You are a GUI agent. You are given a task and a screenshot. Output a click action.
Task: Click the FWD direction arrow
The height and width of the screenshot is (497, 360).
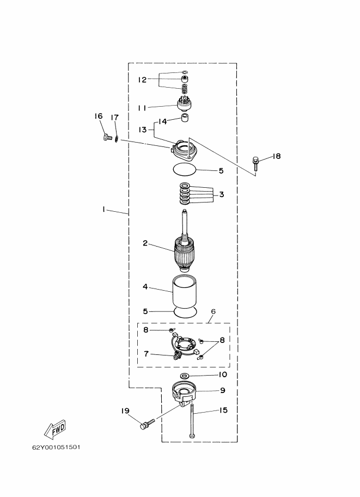tap(55, 429)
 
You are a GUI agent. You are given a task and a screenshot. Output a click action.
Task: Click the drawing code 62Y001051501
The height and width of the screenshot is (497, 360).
tap(56, 447)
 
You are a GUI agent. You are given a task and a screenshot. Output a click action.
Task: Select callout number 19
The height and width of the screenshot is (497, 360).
tap(125, 411)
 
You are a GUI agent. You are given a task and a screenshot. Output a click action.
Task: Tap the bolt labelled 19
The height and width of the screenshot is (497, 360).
tap(147, 424)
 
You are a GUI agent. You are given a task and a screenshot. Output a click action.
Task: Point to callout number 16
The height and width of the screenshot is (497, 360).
tap(99, 116)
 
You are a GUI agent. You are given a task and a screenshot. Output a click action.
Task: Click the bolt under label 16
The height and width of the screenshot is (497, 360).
tap(108, 138)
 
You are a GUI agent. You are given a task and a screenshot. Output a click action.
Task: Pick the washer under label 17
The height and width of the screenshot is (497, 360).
tap(117, 139)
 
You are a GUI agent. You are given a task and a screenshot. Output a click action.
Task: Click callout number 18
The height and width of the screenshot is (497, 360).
tap(277, 156)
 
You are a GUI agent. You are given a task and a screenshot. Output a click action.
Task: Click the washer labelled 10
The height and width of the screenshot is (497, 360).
tap(185, 376)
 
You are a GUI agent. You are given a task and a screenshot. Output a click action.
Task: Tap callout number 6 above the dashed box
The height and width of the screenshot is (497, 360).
tap(213, 311)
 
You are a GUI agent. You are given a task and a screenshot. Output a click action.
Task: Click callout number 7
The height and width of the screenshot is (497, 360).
tap(146, 353)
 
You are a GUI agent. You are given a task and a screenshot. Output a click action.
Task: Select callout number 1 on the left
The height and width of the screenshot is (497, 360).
tap(103, 209)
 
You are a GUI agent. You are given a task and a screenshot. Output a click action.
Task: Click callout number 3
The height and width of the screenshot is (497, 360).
tap(222, 194)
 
